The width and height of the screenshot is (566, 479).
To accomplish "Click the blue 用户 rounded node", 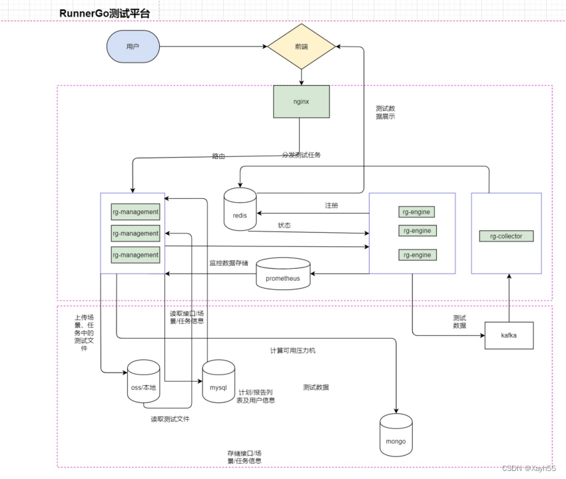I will (133, 47).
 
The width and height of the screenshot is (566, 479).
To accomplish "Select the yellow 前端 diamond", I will (301, 47).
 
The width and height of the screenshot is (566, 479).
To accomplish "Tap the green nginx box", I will (301, 102).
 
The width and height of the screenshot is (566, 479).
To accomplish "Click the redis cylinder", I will (240, 211).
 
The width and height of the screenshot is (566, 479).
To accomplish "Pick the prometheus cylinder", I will (283, 274).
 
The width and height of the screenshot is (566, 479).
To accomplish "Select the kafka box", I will (509, 336).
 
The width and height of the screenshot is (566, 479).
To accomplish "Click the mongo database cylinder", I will (396, 436).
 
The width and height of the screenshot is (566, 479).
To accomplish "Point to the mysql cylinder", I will (218, 383).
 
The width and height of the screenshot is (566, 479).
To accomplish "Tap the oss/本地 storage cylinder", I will (143, 383).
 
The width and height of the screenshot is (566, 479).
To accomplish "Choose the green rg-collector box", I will (506, 236).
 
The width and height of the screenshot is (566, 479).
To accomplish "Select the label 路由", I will (218, 156).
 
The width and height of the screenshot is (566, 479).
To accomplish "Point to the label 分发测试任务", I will (302, 155).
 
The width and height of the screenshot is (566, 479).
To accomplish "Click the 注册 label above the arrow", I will (331, 206).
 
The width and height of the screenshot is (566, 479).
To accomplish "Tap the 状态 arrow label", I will (284, 226).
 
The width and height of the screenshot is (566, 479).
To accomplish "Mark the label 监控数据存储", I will (228, 263).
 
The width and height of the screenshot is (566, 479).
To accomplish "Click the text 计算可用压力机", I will (292, 350).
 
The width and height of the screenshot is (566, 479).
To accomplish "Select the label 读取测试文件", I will (170, 419).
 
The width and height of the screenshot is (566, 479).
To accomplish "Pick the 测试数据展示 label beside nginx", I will (386, 112).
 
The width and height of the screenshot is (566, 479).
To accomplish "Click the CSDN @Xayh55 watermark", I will (529, 468).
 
